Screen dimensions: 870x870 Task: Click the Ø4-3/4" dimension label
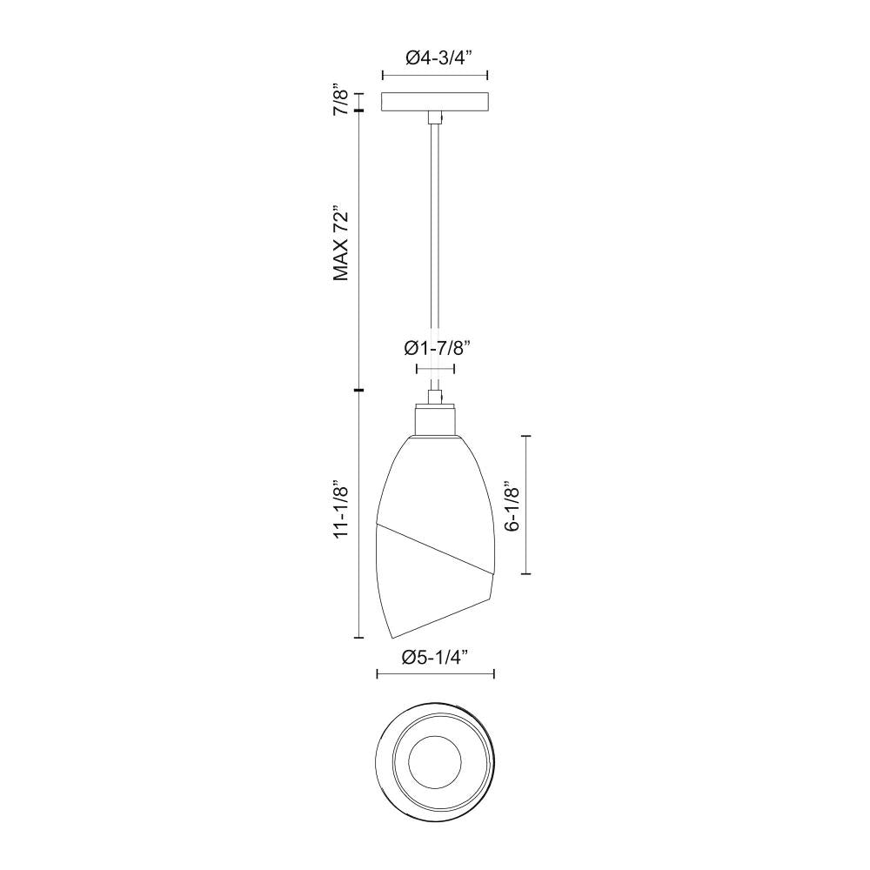[438, 58]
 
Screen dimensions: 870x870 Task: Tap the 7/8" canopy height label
[342, 100]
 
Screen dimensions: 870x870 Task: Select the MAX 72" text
[342, 244]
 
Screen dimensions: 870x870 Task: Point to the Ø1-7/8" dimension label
[438, 348]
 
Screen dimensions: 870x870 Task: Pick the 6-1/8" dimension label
[512, 504]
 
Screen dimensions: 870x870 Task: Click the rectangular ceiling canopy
[435, 102]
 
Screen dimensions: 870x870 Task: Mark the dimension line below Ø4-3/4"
[435, 76]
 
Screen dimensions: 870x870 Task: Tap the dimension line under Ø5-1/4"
[435, 674]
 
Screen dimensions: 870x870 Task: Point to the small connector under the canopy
[434, 117]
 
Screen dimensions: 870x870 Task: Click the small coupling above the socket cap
[434, 397]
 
